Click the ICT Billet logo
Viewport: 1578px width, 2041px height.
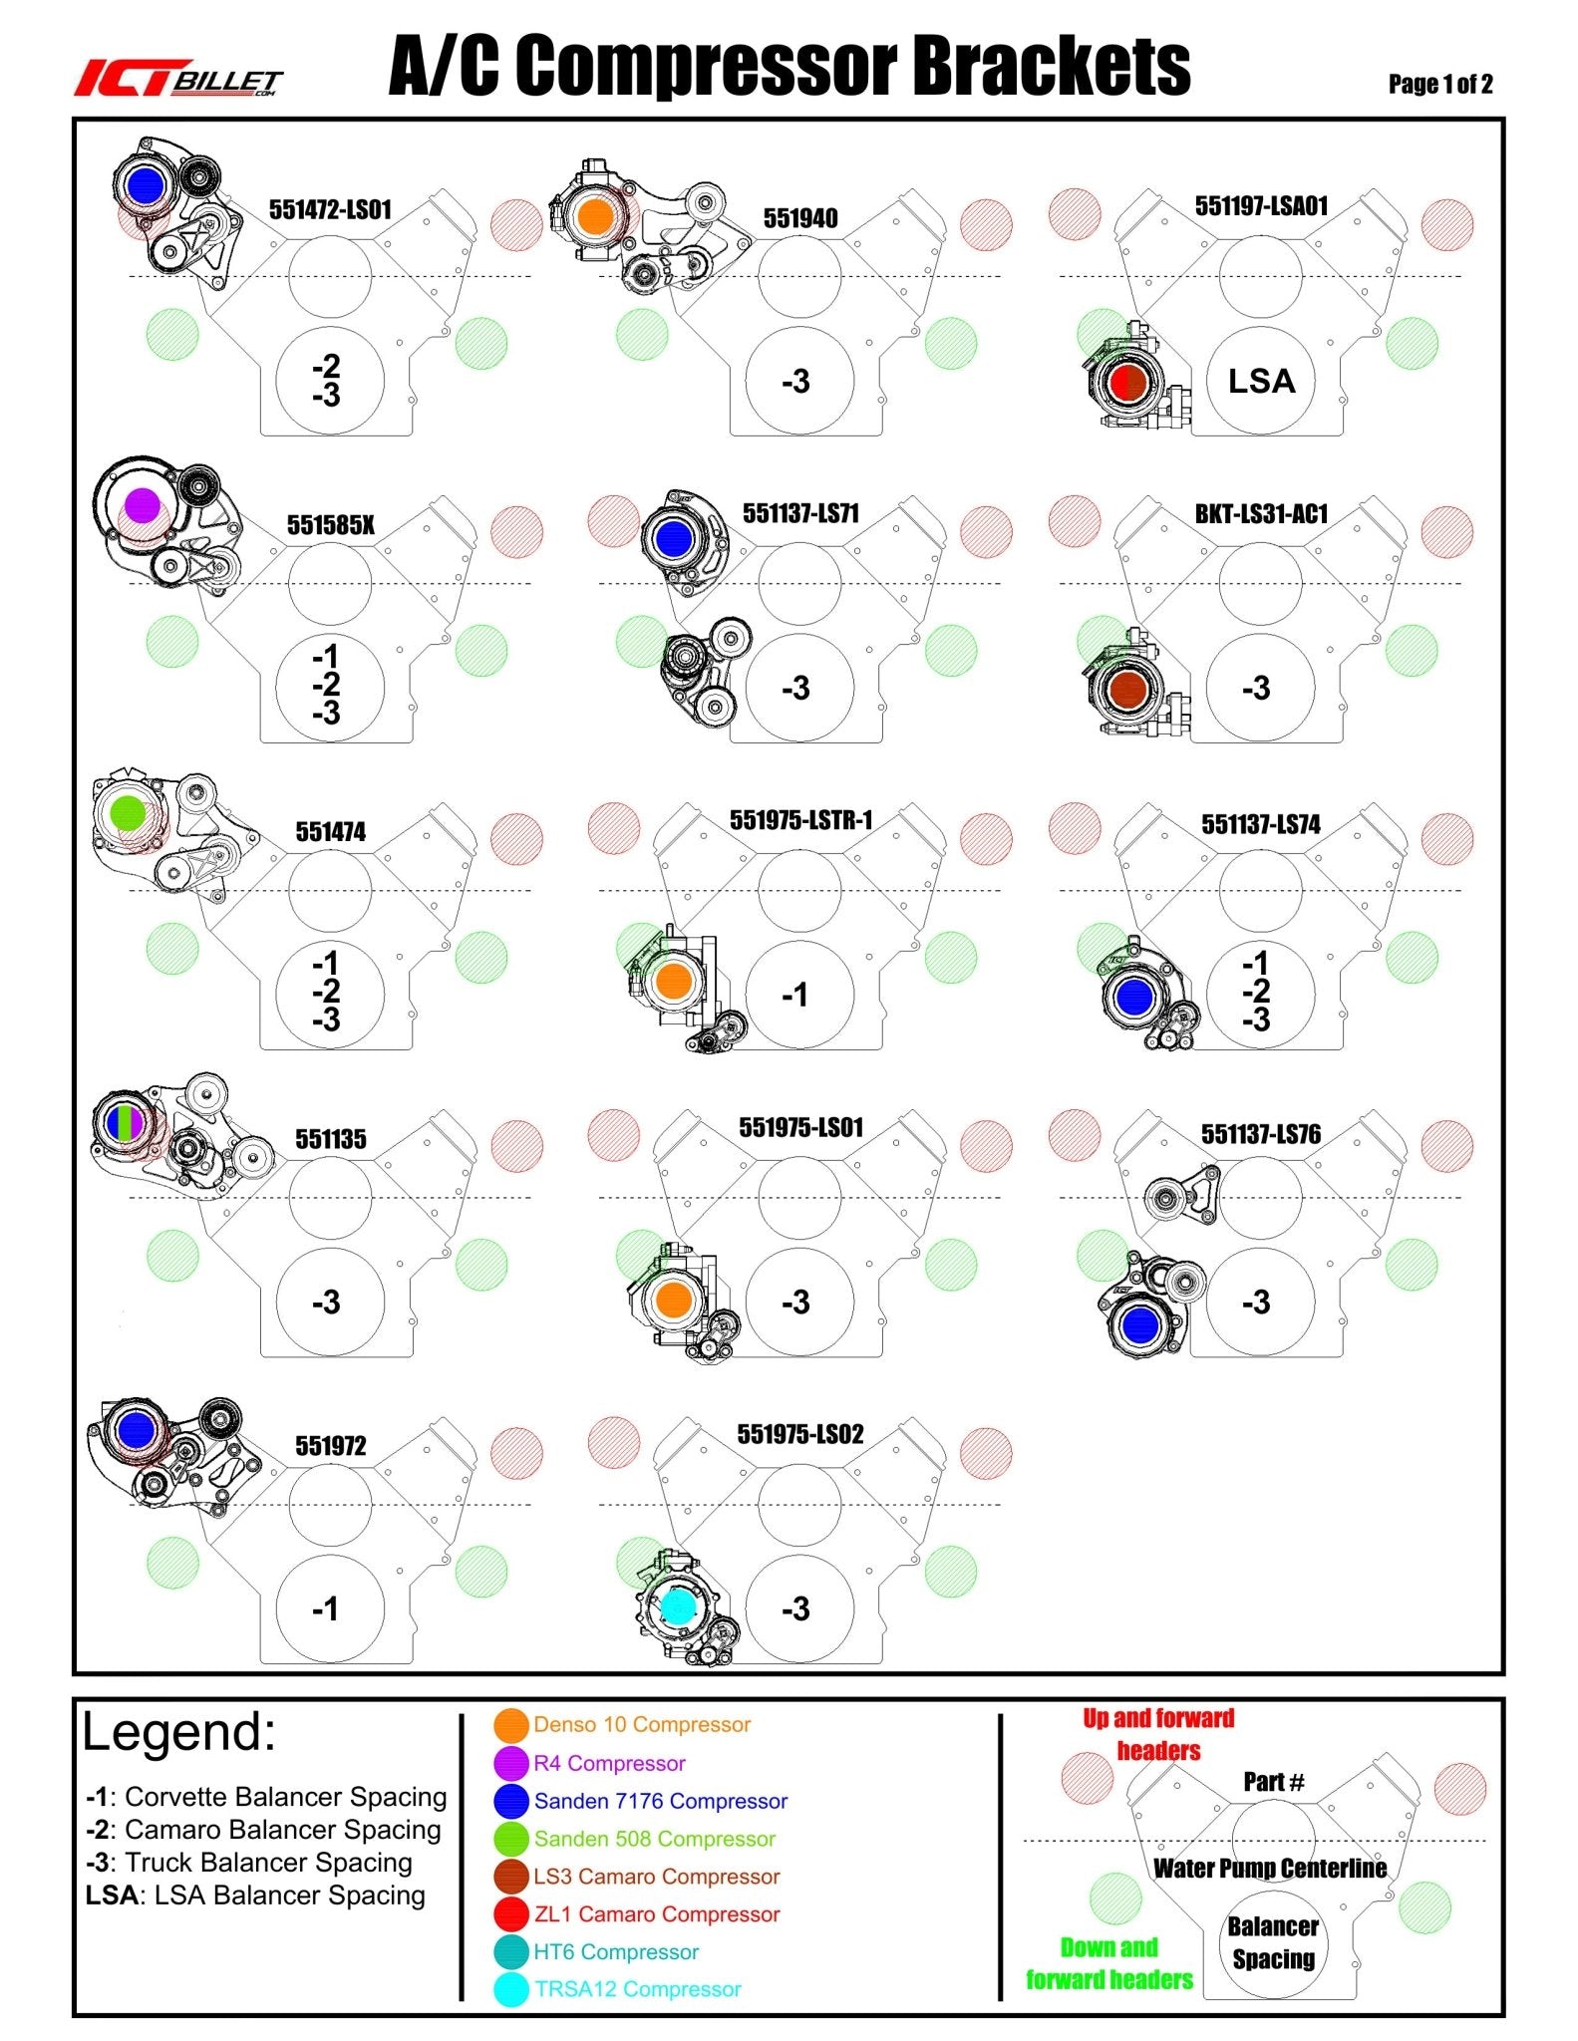pos(179,79)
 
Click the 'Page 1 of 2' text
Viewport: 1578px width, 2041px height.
pos(1440,84)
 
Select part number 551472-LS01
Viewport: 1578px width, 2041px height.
pos(330,209)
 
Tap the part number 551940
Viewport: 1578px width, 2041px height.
pos(800,218)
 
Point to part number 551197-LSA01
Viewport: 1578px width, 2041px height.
pos(1261,206)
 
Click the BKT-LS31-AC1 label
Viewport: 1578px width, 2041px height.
pos(1261,514)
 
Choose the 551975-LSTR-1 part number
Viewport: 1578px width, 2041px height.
pos(800,820)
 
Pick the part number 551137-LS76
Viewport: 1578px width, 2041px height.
pos(1261,1134)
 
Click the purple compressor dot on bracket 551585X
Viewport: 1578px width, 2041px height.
pos(142,505)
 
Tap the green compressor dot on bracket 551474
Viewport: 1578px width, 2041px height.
pos(128,813)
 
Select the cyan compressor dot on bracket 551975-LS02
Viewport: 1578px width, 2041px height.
pos(677,1605)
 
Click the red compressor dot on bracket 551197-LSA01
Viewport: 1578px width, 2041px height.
pos(1128,382)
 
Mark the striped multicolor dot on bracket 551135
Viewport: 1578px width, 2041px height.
pos(124,1121)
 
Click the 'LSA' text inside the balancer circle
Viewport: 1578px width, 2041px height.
pos(1261,381)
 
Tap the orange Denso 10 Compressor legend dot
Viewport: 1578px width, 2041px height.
pos(511,1725)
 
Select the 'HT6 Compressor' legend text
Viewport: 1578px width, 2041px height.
pos(616,1951)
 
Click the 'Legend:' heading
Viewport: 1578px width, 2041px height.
pos(179,1732)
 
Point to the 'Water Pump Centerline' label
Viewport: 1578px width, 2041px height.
pos(1270,1868)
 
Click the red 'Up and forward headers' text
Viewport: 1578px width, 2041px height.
pos(1158,1734)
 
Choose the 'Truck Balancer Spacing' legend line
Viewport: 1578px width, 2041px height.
pos(249,1862)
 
